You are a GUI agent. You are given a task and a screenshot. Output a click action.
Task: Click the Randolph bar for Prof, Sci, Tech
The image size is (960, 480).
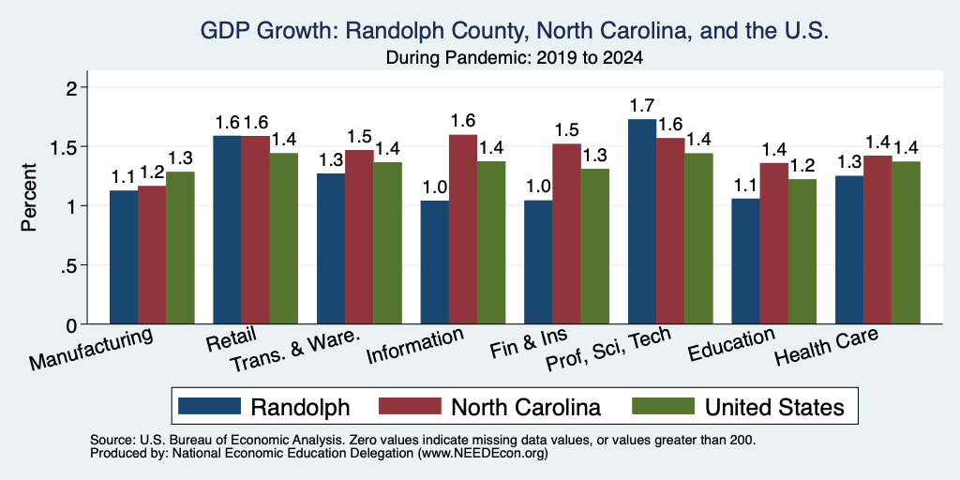(x=642, y=221)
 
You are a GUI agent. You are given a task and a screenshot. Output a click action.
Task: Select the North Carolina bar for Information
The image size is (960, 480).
(x=463, y=229)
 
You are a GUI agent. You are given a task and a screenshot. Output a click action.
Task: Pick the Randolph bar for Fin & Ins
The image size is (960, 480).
(x=538, y=262)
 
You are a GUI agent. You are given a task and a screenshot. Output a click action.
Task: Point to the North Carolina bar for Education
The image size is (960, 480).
(x=773, y=244)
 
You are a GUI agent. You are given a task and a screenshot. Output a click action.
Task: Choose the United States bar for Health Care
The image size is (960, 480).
(x=907, y=243)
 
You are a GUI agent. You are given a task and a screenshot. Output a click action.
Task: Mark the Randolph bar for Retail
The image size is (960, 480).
(x=227, y=230)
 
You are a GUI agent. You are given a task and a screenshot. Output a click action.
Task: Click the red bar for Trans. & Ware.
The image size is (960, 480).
(x=359, y=237)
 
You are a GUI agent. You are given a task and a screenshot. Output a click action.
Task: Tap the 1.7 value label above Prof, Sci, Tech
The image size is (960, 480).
(x=642, y=106)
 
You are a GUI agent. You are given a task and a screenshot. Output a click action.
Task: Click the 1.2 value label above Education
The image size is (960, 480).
(x=802, y=166)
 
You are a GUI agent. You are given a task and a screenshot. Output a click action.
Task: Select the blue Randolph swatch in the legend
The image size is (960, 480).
(x=209, y=406)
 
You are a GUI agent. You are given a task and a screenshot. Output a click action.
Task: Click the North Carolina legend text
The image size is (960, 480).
(x=525, y=407)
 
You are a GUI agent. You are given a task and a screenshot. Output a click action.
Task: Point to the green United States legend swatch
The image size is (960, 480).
(x=663, y=406)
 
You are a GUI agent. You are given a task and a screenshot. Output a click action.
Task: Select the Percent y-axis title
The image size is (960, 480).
(x=29, y=197)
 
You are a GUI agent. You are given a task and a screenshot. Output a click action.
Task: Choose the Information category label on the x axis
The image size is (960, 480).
(x=413, y=346)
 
